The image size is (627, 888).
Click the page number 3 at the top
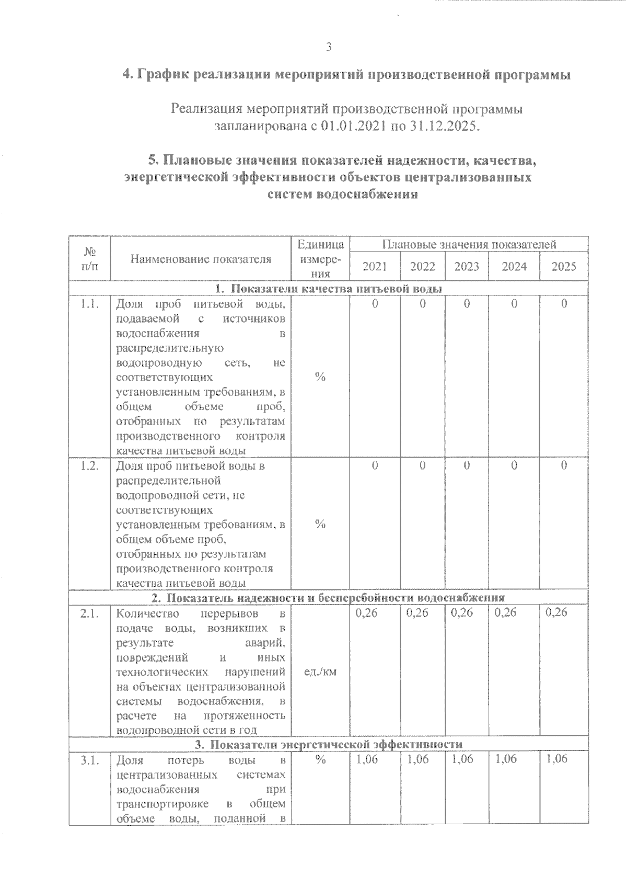(x=329, y=48)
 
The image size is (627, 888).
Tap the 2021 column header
(x=375, y=267)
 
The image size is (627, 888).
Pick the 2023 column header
(x=467, y=267)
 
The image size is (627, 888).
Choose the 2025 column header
(x=564, y=267)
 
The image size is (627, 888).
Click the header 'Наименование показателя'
(x=201, y=259)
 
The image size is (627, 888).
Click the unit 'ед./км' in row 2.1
(x=320, y=672)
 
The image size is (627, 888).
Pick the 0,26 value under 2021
(x=366, y=613)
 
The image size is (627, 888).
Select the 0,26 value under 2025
(x=556, y=613)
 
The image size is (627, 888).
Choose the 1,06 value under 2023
(x=462, y=759)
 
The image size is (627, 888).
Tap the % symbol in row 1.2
(x=320, y=525)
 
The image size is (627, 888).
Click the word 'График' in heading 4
(x=164, y=75)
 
